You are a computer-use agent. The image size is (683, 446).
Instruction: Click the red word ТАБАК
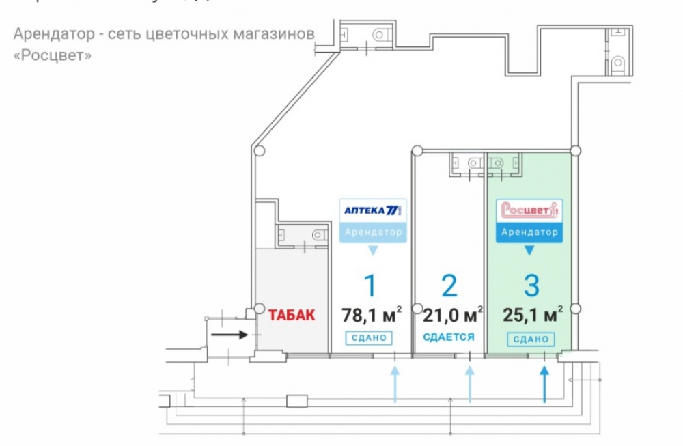pyautogui.click(x=292, y=316)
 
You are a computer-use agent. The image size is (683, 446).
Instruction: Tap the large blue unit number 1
pyautogui.click(x=370, y=285)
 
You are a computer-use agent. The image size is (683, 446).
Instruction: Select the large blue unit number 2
pyautogui.click(x=449, y=285)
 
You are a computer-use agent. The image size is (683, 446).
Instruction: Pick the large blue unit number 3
pyautogui.click(x=529, y=285)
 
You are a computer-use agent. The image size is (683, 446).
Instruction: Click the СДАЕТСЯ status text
pyautogui.click(x=449, y=337)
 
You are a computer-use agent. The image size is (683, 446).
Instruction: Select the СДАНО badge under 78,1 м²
pyautogui.click(x=370, y=338)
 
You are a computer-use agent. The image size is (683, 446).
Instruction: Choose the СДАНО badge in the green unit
pyautogui.click(x=530, y=339)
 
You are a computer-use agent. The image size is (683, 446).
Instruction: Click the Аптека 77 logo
pyautogui.click(x=373, y=210)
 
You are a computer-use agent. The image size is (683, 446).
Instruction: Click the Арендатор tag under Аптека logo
pyautogui.click(x=373, y=232)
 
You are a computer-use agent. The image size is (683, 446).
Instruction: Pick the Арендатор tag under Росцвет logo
pyautogui.click(x=529, y=232)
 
